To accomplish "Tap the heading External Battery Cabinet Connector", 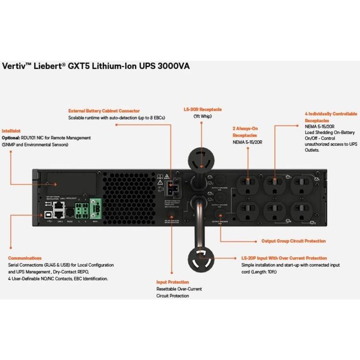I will [104, 111].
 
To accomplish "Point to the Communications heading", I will [25, 258].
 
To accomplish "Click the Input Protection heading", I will [172, 282].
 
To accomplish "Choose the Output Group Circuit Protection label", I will [293, 241].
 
